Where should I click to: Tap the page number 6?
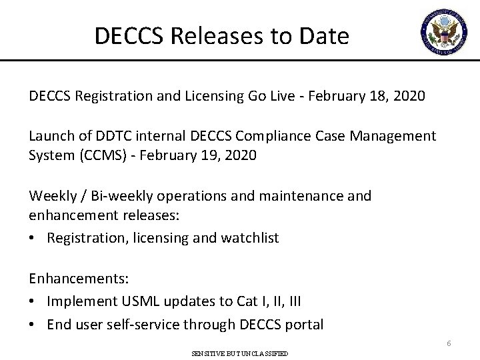(449, 343)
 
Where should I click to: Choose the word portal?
(301, 325)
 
